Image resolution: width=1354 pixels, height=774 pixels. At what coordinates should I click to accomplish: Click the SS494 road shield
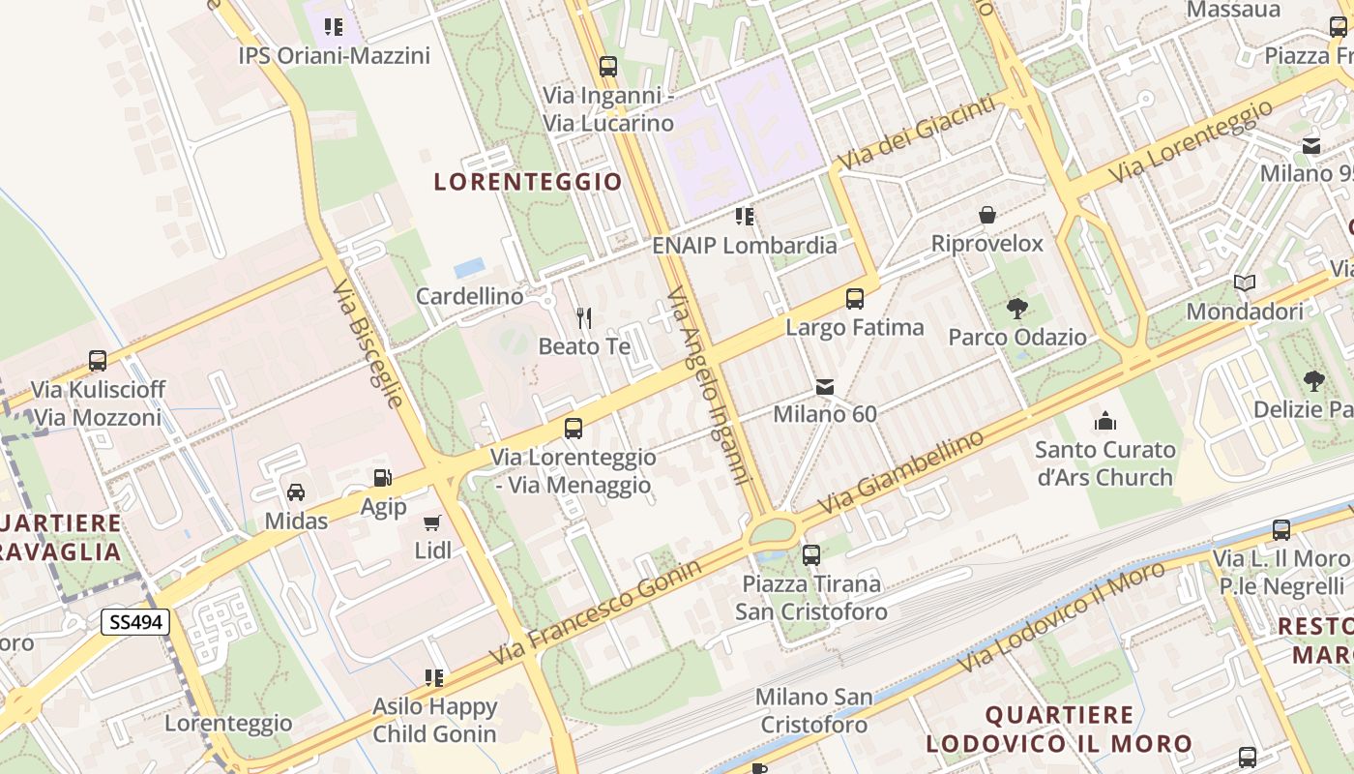click(135, 622)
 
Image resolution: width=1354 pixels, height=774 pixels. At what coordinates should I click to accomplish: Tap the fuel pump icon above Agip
click(383, 478)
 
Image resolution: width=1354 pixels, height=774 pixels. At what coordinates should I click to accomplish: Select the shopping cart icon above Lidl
click(432, 523)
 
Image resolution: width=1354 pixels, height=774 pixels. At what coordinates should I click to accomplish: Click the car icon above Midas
click(296, 492)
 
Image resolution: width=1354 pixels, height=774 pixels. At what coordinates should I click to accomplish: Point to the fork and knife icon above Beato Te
click(583, 317)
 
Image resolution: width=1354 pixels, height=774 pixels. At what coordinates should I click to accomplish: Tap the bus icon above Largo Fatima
click(855, 299)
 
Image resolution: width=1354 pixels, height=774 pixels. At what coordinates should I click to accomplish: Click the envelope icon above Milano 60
click(825, 387)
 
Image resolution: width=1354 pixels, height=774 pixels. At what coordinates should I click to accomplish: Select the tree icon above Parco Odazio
click(1016, 309)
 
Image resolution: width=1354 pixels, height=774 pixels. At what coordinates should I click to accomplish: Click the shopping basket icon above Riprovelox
click(987, 215)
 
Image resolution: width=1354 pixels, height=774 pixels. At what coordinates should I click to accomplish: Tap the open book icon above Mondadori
click(1245, 283)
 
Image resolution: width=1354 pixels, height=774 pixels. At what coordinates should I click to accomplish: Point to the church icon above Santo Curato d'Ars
click(1104, 421)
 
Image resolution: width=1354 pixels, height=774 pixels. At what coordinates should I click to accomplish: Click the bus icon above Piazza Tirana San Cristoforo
click(811, 555)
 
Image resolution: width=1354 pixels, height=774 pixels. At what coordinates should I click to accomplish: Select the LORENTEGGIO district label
click(528, 181)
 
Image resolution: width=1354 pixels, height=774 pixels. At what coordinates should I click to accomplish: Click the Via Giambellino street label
click(900, 472)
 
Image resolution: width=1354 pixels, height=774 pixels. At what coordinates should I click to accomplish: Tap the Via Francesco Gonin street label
click(595, 612)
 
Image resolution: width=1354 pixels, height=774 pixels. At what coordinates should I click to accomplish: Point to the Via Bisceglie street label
click(367, 344)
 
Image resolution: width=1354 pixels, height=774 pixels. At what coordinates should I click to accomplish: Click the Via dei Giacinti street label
click(916, 133)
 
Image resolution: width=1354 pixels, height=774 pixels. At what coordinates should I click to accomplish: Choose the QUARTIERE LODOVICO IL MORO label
click(1059, 729)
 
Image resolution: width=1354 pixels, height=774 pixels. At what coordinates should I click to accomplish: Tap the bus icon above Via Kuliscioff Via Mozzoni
click(98, 361)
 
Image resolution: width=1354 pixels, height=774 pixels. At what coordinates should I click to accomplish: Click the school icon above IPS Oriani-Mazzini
click(334, 27)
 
